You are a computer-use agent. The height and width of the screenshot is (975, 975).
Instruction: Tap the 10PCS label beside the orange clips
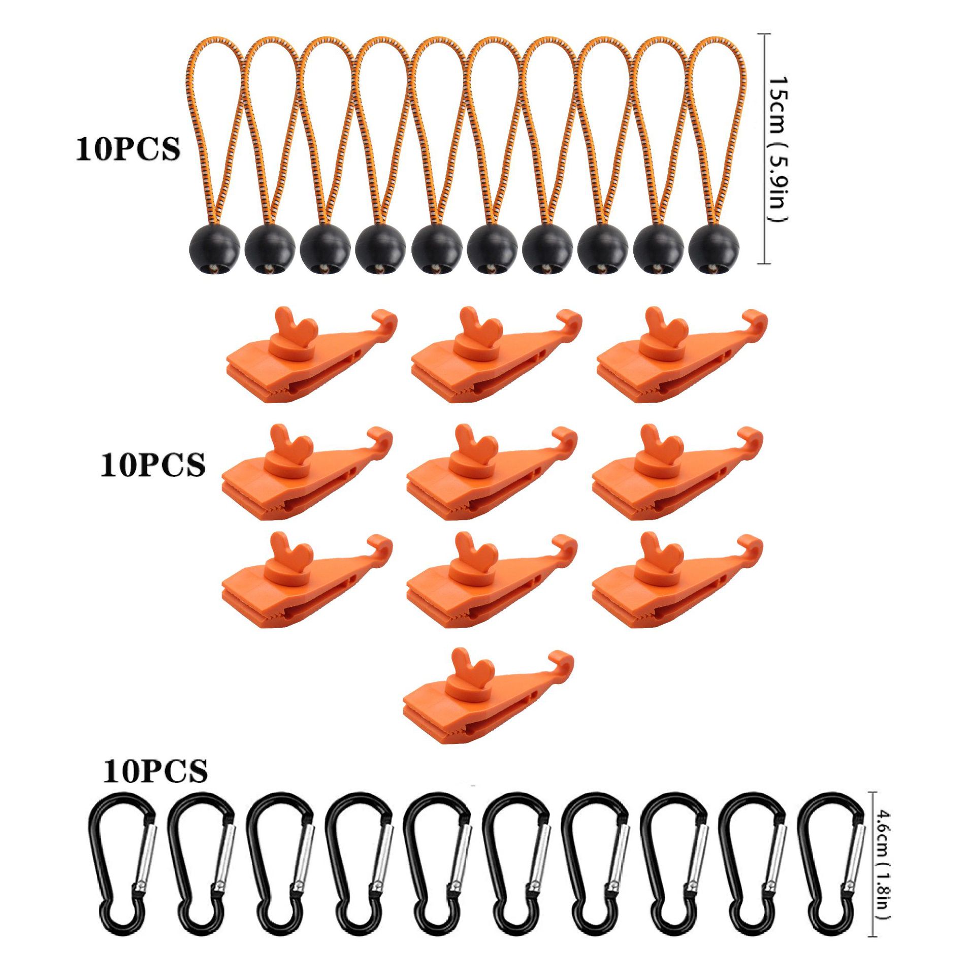[x=153, y=464]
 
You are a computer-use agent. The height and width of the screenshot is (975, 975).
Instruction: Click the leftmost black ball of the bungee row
[x=214, y=249]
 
